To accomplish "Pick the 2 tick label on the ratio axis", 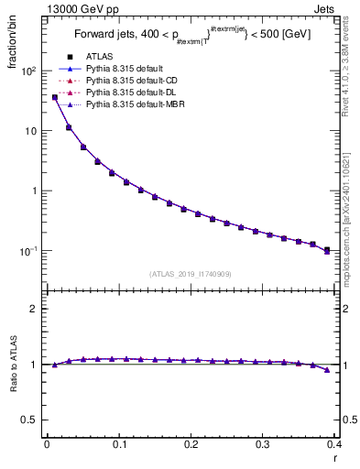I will pos(32,309).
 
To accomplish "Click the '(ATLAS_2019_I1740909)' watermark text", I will pos(191,273).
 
